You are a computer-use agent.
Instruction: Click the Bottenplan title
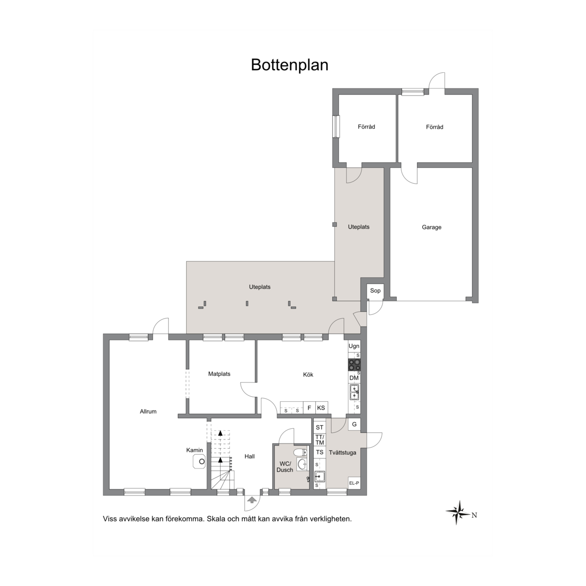(289, 65)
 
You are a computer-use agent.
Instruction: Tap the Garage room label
(432, 227)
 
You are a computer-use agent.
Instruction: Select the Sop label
(375, 290)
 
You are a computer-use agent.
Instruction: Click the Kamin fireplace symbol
(199, 461)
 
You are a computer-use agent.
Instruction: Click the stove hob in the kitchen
(355, 365)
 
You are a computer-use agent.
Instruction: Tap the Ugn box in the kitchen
(354, 346)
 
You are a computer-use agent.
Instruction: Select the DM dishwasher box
(354, 378)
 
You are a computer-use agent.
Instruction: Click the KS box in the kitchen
(321, 408)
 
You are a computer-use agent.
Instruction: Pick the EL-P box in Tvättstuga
(354, 483)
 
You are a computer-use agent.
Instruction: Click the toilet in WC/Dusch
(300, 453)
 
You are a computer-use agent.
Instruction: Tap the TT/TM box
(319, 440)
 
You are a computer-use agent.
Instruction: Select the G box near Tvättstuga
(354, 424)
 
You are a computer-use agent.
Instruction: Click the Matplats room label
(219, 374)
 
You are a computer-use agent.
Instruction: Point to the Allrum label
(148, 412)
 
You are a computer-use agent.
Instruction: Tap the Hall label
(250, 456)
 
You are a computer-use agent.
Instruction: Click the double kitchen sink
(354, 392)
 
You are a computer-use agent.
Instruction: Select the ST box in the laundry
(319, 427)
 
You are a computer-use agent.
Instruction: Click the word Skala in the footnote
(216, 519)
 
